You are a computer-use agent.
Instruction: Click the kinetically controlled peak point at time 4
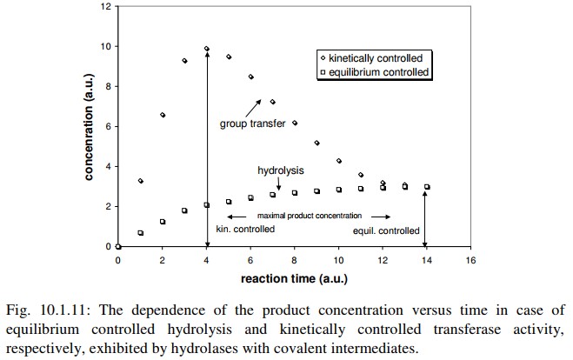tap(207, 49)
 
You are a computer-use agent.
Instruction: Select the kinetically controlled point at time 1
tap(140, 181)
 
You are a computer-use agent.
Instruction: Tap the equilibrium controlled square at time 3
tap(184, 210)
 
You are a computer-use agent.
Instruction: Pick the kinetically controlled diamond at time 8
tap(295, 123)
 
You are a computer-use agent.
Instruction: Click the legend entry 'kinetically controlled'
tap(376, 57)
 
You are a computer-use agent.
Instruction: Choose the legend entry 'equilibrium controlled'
tap(376, 72)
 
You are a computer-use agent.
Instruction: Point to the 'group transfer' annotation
tap(252, 123)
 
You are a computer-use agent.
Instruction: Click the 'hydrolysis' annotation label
tap(279, 171)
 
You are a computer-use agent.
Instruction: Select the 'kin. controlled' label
tap(245, 230)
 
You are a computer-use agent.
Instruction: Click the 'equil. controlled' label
tap(385, 230)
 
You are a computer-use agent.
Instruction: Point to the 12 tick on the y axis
tap(105, 7)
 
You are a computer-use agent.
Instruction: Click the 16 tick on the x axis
tap(470, 260)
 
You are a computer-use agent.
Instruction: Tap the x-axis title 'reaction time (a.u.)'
tap(294, 280)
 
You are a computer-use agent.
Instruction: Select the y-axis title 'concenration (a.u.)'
tap(89, 127)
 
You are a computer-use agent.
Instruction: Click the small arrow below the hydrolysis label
tap(279, 184)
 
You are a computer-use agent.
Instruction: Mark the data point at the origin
tap(118, 247)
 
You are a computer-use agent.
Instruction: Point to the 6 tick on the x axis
tap(250, 260)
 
